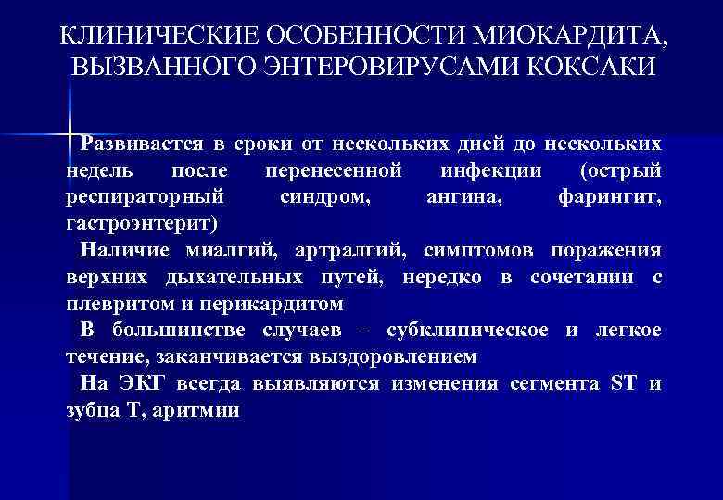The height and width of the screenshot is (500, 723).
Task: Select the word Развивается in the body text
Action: pos(138,144)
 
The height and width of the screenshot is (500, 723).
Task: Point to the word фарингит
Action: pos(611,198)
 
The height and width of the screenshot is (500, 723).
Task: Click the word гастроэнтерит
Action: pos(140,225)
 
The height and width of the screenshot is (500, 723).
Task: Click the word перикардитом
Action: pos(279,305)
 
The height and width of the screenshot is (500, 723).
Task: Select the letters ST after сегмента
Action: pos(619,384)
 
